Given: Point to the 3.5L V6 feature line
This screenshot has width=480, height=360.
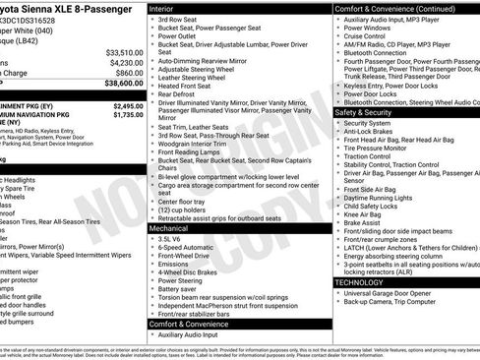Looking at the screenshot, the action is (171, 239).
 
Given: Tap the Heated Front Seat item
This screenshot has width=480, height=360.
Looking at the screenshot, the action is (186, 86).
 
